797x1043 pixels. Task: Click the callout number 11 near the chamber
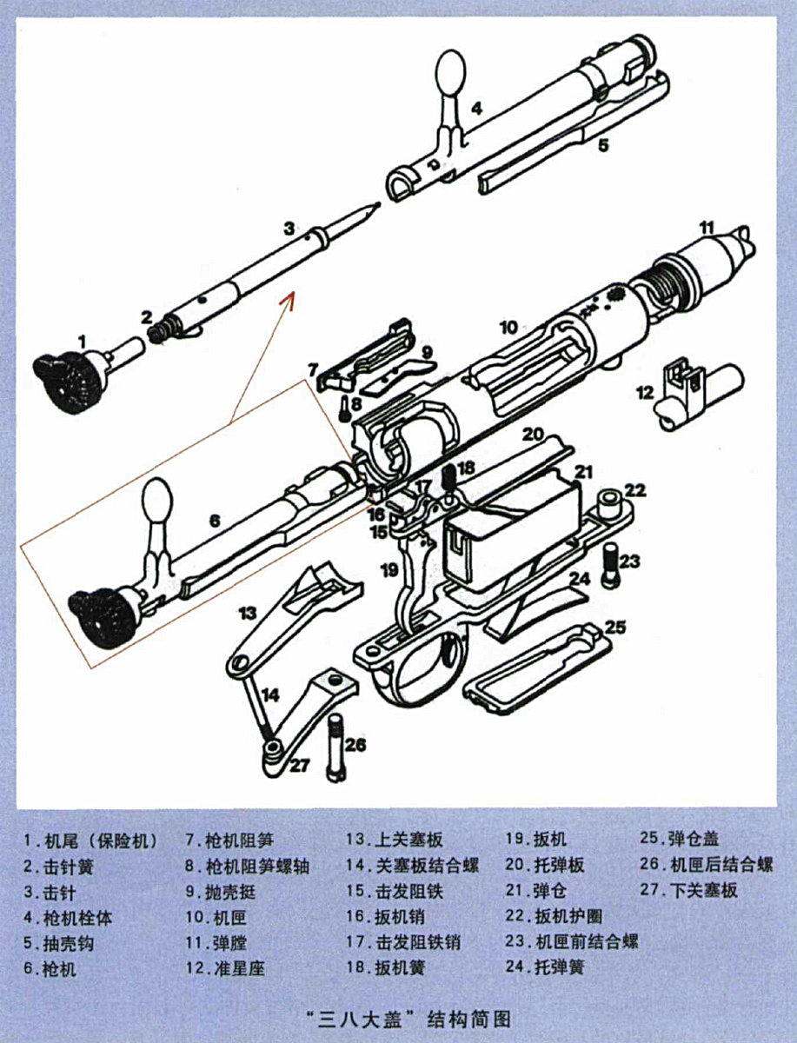(x=707, y=228)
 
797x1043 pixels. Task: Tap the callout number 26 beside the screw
(x=355, y=744)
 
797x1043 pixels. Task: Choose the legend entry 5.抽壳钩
(x=59, y=943)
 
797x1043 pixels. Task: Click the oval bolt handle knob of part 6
(x=157, y=501)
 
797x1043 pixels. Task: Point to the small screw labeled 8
(x=344, y=409)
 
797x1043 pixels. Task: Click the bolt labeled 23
(x=612, y=567)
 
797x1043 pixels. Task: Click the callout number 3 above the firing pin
(x=289, y=229)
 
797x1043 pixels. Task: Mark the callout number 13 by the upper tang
(x=248, y=613)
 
